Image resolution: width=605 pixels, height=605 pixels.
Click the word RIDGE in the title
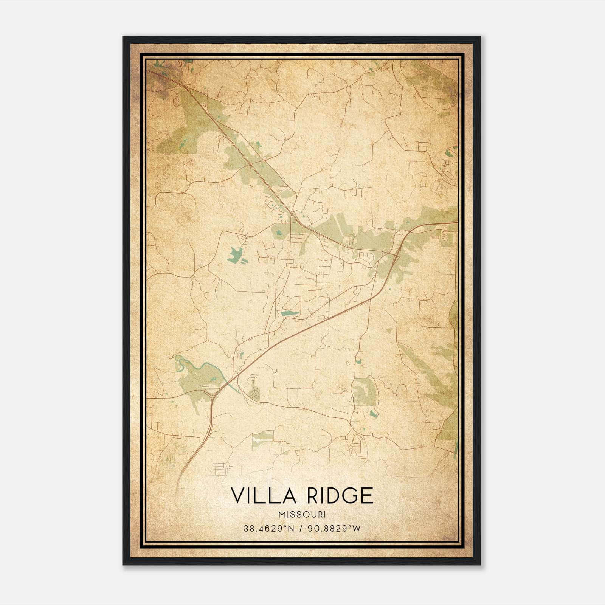point(340,496)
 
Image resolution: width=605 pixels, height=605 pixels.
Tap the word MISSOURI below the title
point(302,515)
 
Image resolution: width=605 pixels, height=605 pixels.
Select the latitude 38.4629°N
point(269,529)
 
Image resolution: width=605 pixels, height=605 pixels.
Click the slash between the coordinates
point(301,529)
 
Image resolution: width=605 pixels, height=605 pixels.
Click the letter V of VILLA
point(238,496)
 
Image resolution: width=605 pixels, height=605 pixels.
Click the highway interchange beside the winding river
point(213,393)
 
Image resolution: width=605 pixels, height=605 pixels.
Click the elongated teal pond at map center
point(290,313)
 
